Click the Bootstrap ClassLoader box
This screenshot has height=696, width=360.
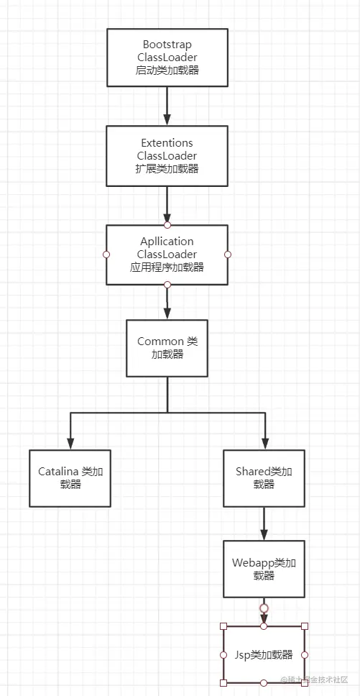coord(167,58)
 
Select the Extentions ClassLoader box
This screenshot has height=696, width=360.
coord(167,156)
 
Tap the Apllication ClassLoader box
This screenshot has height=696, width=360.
coord(167,254)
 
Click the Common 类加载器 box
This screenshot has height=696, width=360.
coord(167,348)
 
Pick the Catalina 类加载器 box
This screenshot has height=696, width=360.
coord(70,478)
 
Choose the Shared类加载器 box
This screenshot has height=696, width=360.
coord(264,478)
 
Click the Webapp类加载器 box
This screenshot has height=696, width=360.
coord(264,569)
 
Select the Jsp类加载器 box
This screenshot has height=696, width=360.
coord(264,654)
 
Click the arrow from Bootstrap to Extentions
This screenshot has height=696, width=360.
coord(167,106)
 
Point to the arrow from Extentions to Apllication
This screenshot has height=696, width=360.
coord(167,205)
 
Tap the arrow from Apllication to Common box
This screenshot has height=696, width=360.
coord(167,302)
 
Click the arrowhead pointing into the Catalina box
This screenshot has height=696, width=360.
coord(70,442)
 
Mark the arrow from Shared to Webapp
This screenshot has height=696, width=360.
coord(264,523)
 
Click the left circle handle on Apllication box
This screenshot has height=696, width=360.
coord(106,254)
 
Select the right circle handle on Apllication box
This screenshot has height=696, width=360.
coord(228,254)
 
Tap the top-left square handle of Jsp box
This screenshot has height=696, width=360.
coord(223,626)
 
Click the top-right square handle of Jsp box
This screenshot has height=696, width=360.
coord(305,626)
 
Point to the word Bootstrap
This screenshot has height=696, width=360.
coord(167,45)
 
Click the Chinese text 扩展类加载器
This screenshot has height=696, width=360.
coord(167,169)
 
